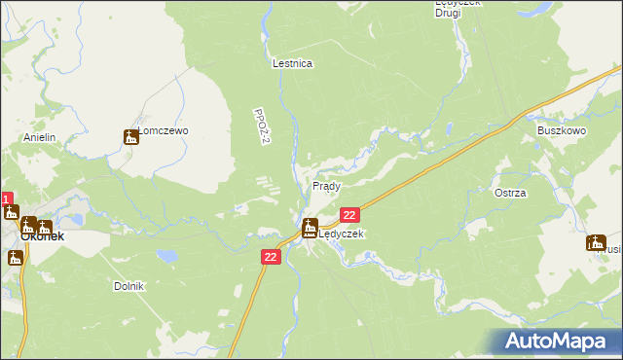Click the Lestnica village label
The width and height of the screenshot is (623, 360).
click(292, 63)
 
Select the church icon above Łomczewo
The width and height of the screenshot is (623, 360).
click(131, 137)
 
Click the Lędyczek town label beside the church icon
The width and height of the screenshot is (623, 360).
click(342, 234)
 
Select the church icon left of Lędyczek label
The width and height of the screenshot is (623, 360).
click(310, 230)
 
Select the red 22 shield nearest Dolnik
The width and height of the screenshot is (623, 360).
click(272, 256)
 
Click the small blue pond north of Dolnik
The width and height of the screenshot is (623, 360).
click(168, 257)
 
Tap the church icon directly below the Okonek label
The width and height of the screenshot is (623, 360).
click(15, 258)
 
